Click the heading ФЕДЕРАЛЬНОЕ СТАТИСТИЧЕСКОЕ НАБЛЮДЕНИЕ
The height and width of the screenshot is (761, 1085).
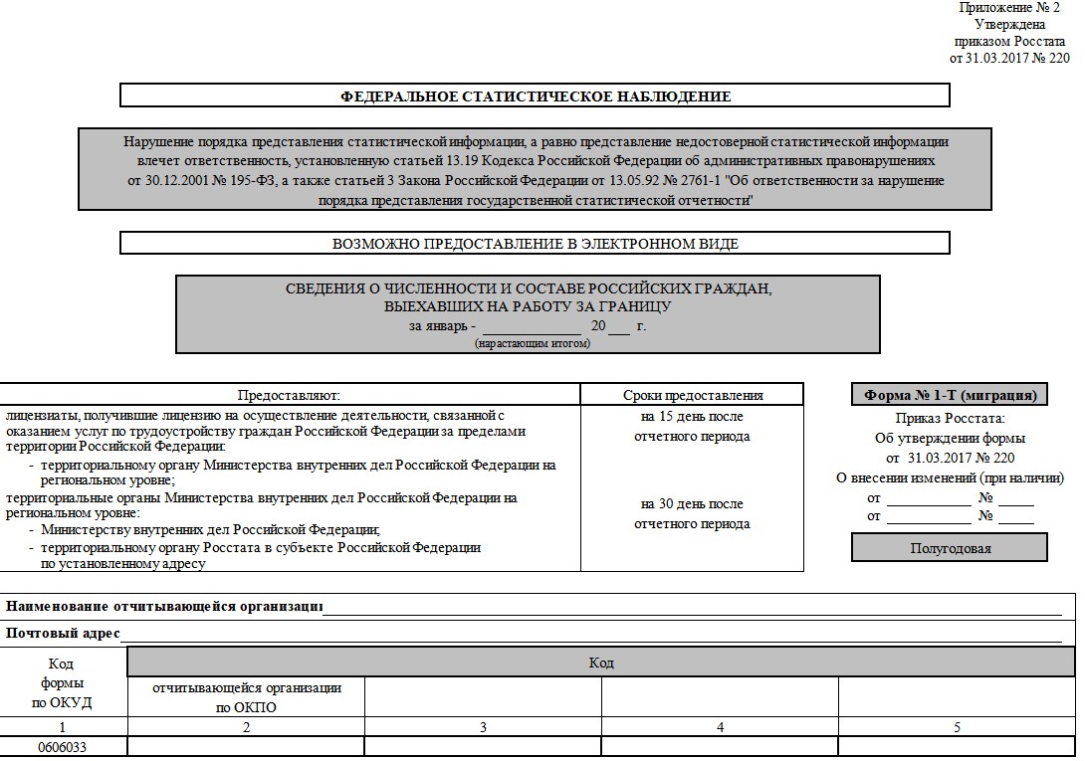(536, 96)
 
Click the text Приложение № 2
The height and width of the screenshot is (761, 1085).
(1014, 8)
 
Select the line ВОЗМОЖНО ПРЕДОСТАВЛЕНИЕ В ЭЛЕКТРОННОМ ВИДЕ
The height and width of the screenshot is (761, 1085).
(536, 244)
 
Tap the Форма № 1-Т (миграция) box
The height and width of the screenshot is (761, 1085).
(949, 395)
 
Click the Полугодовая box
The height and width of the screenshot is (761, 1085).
(950, 548)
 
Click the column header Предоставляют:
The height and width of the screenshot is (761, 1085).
(289, 395)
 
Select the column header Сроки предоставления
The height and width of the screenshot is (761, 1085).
(692, 395)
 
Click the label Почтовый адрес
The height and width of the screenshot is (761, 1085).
(63, 633)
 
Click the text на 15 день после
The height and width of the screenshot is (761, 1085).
(692, 417)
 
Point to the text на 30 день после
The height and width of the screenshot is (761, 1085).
(692, 504)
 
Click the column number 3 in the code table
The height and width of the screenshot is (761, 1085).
(483, 727)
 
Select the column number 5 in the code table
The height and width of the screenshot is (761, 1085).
(957, 727)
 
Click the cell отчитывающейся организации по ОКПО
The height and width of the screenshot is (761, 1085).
(246, 697)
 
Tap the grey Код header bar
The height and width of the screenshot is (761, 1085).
(601, 663)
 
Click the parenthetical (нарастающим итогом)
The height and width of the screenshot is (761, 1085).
(533, 343)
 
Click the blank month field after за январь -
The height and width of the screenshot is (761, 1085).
(532, 325)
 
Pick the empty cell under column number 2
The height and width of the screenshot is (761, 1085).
(246, 747)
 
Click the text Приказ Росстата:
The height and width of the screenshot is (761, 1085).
(950, 419)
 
